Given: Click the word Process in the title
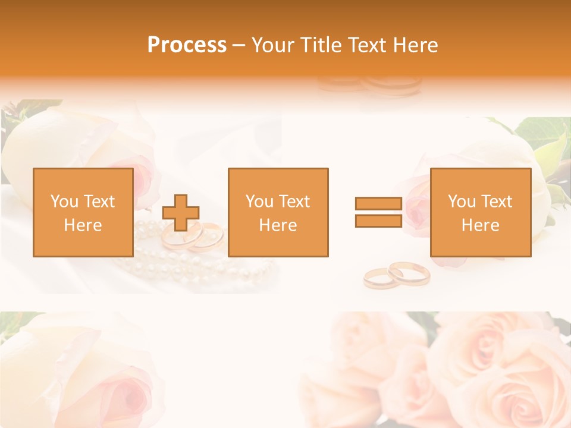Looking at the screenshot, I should (x=187, y=45).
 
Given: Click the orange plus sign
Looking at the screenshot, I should (x=181, y=213).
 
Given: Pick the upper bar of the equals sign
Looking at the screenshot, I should (x=378, y=204).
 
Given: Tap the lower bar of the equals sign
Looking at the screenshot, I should (x=378, y=221).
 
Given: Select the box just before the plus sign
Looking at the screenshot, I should (x=83, y=212).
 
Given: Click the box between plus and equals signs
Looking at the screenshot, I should (x=278, y=212).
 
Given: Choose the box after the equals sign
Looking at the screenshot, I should (x=480, y=212).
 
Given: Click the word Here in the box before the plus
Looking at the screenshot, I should (x=83, y=225).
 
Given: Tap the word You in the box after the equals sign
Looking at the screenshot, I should (x=462, y=202).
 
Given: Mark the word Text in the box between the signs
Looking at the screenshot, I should (x=294, y=202).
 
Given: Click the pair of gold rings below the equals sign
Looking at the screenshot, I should (x=397, y=275).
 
